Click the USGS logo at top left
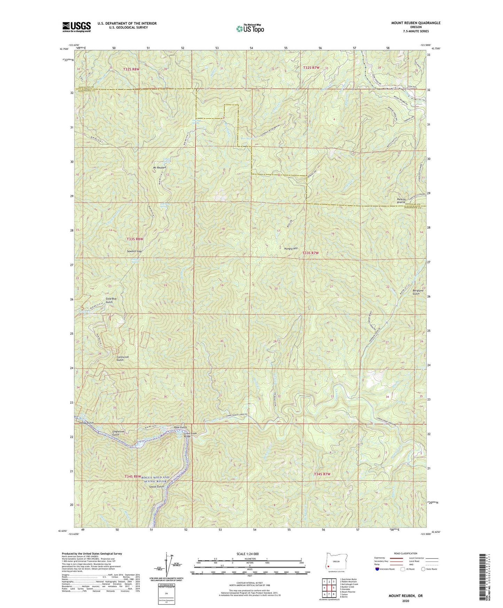click(x=77, y=26)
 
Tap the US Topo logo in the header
click(x=249, y=28)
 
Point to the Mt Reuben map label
click(x=159, y=167)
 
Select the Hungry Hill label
click(x=291, y=249)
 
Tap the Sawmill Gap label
click(x=134, y=251)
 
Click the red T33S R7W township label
click(x=311, y=253)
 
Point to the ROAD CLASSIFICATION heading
click(x=406, y=553)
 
